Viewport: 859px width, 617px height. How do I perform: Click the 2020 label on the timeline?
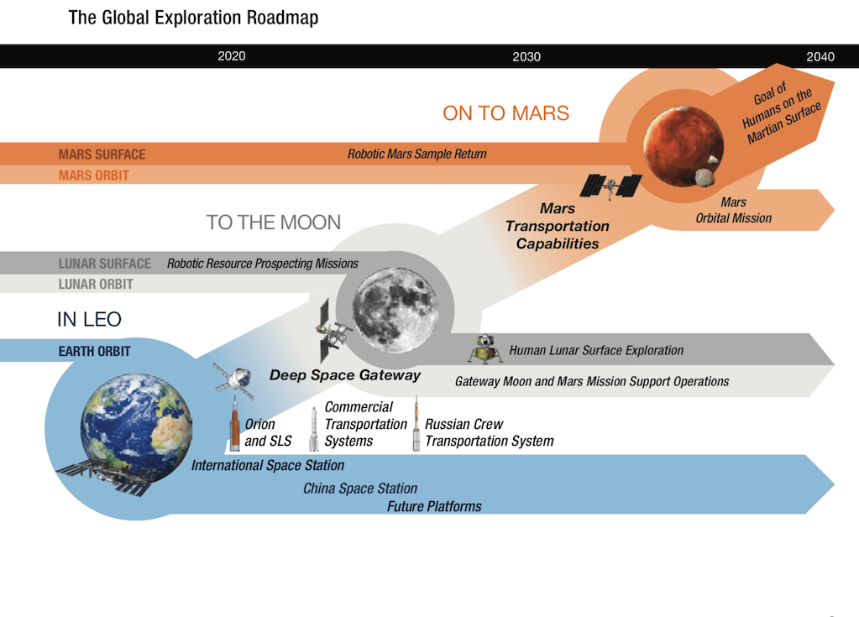tap(232, 56)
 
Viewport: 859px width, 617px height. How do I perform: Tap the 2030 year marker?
tap(526, 56)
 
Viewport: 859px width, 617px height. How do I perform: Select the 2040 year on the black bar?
tap(820, 56)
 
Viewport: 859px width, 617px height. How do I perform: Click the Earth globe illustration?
tap(136, 427)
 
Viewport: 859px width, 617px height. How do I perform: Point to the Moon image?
tap(395, 310)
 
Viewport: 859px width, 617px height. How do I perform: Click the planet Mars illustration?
tap(684, 146)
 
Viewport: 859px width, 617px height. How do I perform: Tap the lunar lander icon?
tap(484, 349)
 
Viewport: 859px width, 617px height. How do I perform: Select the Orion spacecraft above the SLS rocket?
tap(234, 380)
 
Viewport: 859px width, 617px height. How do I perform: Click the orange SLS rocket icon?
tap(234, 426)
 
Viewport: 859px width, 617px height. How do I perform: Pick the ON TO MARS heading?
tap(505, 113)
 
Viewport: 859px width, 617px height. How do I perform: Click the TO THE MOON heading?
tap(274, 222)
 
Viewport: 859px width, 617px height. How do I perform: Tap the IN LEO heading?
tap(89, 319)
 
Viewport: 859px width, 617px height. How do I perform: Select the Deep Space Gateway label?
tap(345, 375)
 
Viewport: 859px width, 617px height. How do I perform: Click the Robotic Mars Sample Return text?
tap(416, 154)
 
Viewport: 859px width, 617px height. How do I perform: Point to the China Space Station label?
tap(360, 489)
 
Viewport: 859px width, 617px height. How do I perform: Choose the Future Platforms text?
tap(434, 506)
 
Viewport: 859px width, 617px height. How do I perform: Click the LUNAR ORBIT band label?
tap(96, 284)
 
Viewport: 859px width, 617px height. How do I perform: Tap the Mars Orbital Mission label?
tap(734, 210)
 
